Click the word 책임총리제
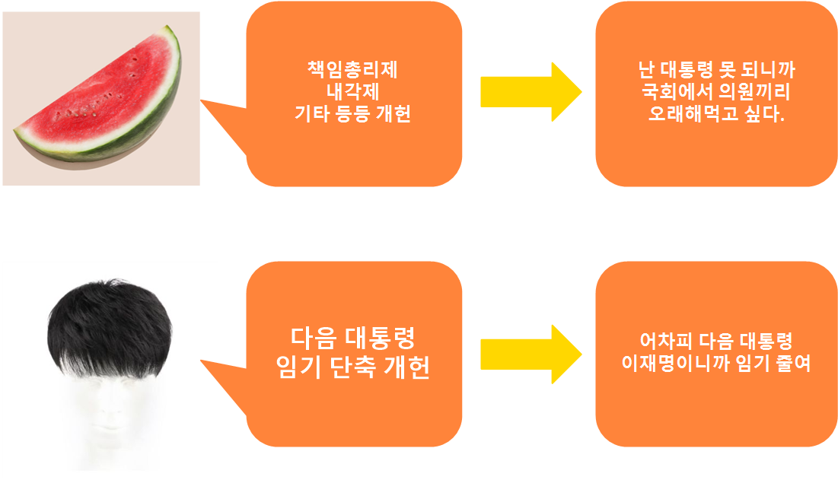(x=352, y=75)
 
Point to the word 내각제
(x=352, y=95)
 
